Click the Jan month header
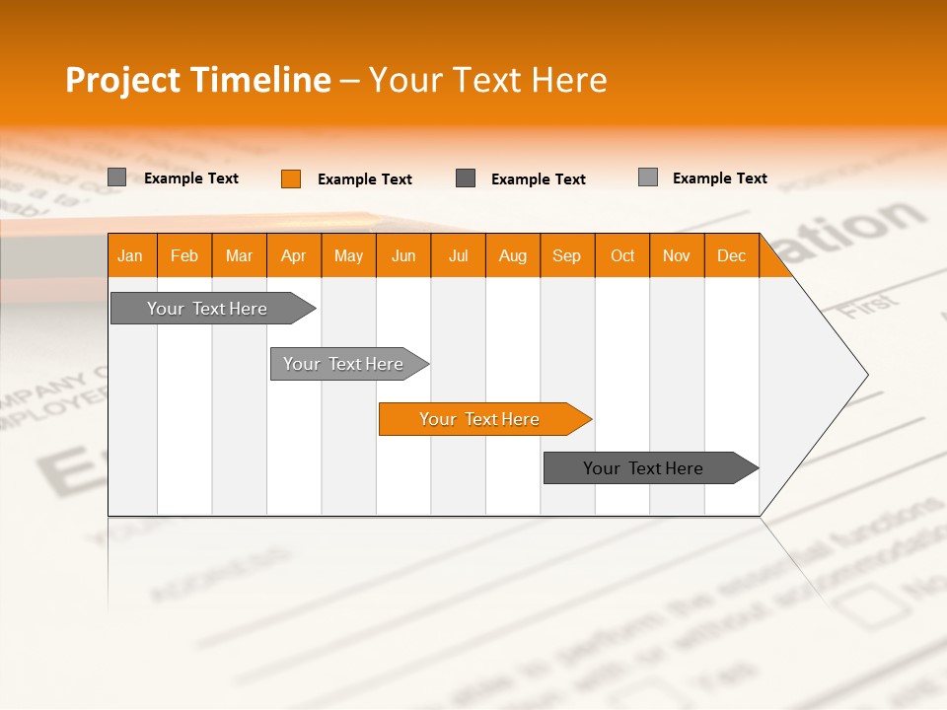pos(131,256)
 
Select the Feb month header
pos(184,256)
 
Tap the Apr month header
pos(293,256)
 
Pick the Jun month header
pos(403,256)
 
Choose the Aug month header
pos(512,256)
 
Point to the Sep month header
pos(567,256)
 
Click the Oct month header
pos(622,256)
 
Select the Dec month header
pos(731,256)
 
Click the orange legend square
pos(291,178)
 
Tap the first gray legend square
pos(117,177)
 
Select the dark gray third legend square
pos(466,178)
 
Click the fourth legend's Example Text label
pos(719,178)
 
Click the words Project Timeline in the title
pos(197,80)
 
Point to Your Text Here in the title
pos(487,80)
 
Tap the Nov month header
pos(677,256)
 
